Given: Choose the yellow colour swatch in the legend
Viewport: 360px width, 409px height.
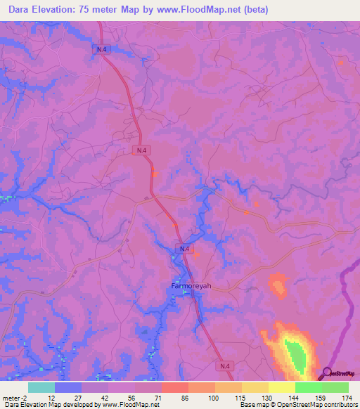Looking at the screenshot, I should pos(281,387).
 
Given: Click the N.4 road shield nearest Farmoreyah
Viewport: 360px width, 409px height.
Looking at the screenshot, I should pos(184,249).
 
